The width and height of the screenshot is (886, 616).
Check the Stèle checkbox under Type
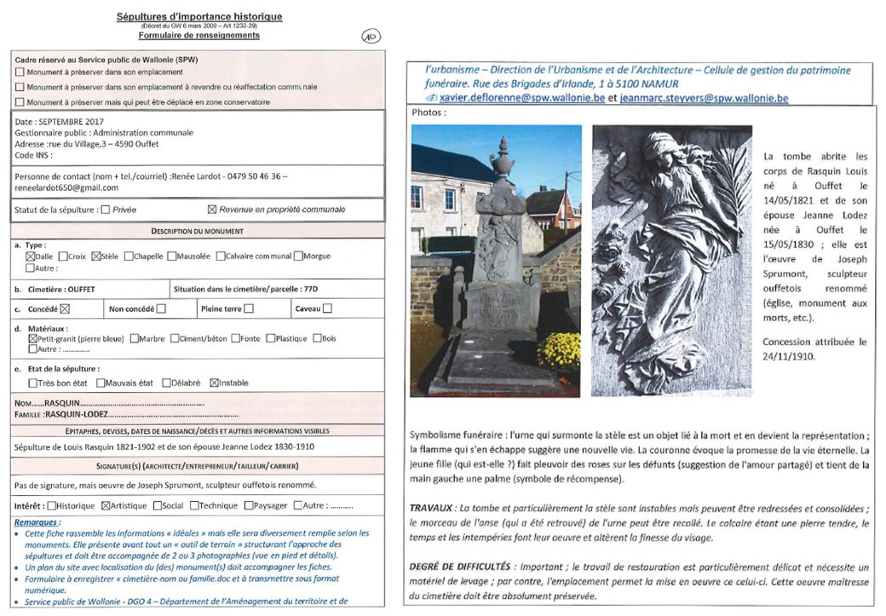(x=95, y=256)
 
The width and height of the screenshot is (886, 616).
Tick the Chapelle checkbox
(x=129, y=256)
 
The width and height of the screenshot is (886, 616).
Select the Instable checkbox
(x=214, y=383)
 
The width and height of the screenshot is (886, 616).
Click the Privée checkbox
(x=105, y=210)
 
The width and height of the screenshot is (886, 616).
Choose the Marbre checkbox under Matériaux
(x=135, y=338)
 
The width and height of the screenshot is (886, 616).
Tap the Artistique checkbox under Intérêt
(x=106, y=505)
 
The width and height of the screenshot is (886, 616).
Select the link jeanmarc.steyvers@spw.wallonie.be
(x=704, y=98)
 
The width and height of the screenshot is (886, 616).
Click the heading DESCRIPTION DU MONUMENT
(x=197, y=231)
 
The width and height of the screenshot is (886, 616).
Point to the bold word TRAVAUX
(x=431, y=508)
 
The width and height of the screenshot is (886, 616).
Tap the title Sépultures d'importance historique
(x=198, y=16)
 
